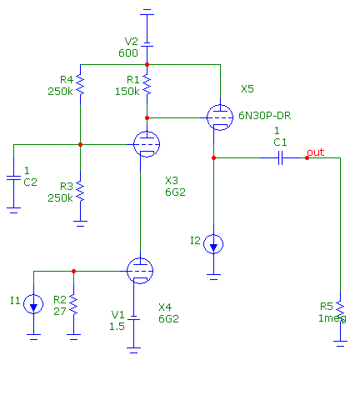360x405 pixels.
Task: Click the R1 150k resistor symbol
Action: pyautogui.click(x=147, y=85)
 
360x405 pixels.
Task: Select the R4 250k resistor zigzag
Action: pyautogui.click(x=80, y=85)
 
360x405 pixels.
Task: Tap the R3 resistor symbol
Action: pyautogui.click(x=80, y=192)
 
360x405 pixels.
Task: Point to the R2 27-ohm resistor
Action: pyautogui.click(x=73, y=305)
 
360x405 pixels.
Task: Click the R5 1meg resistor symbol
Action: pyautogui.click(x=340, y=311)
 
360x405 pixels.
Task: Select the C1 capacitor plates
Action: pyautogui.click(x=280, y=157)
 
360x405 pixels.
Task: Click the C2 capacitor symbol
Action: pyautogui.click(x=13, y=177)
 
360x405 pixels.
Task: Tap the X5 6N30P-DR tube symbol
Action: pyautogui.click(x=220, y=117)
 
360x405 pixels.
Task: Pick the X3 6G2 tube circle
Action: pyautogui.click(x=147, y=144)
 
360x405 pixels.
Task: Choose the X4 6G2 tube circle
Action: pyautogui.click(x=140, y=271)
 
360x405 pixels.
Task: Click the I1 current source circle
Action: pyautogui.click(x=33, y=304)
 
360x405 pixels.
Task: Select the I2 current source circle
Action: pyautogui.click(x=213, y=244)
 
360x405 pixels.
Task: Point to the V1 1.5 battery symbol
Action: pyautogui.click(x=133, y=317)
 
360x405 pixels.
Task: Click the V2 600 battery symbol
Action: pyautogui.click(x=147, y=44)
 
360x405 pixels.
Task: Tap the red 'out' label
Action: pyautogui.click(x=316, y=152)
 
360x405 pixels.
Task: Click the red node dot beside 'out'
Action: pyautogui.click(x=307, y=157)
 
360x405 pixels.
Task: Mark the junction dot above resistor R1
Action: pyautogui.click(x=147, y=64)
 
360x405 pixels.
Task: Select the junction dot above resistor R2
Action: pyautogui.click(x=73, y=271)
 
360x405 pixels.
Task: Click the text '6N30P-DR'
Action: pyautogui.click(x=265, y=116)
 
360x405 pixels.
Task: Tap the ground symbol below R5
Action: pyautogui.click(x=340, y=343)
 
